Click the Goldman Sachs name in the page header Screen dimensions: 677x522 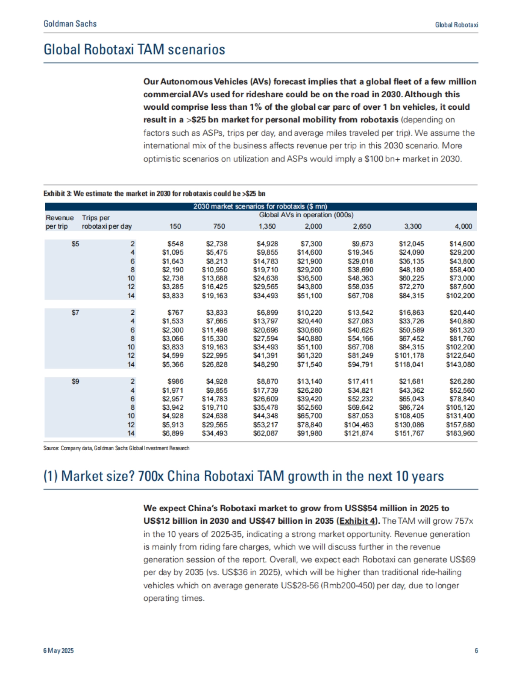70,24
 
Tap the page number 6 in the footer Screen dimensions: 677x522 476,650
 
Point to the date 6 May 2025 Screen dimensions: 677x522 58,650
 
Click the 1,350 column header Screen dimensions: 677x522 267,226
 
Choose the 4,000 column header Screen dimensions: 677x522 463,226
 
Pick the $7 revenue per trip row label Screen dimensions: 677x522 75,313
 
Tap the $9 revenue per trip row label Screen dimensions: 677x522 75,381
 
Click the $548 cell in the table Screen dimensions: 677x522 175,244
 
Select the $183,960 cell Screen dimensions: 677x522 460,433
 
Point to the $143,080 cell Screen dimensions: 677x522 460,364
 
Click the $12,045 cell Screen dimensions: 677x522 411,244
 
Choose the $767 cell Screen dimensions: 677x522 175,313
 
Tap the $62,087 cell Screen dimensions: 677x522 265,433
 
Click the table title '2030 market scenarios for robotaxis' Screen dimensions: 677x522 260,206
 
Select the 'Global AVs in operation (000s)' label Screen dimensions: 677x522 306,215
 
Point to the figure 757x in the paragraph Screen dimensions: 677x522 464,521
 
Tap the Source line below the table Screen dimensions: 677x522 116,448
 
